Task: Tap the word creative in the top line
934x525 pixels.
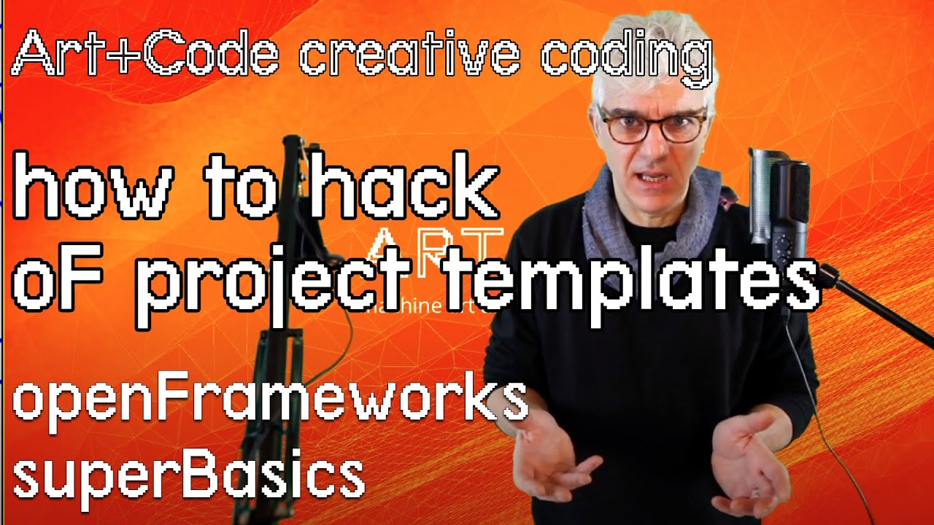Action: [x=409, y=55]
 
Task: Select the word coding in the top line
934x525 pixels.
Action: [x=626, y=57]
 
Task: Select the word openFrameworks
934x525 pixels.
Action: [x=269, y=400]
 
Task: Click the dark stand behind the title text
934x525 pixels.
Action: [x=281, y=365]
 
